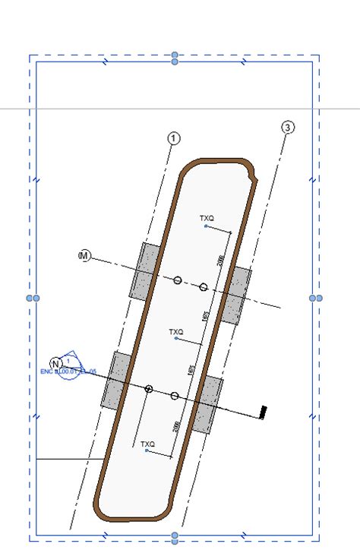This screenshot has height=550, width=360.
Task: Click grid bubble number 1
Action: pyautogui.click(x=174, y=138)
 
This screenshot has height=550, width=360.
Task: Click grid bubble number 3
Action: pyautogui.click(x=287, y=128)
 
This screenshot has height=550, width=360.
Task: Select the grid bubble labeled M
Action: pyautogui.click(x=84, y=257)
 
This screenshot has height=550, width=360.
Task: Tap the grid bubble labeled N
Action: pyautogui.click(x=55, y=362)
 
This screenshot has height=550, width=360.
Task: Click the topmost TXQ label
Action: pyautogui.click(x=207, y=219)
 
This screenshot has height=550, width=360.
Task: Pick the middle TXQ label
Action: pyautogui.click(x=176, y=332)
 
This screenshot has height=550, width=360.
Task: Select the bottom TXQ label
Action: pyautogui.click(x=147, y=444)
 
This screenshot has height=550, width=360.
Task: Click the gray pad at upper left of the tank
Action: pyautogui.click(x=144, y=271)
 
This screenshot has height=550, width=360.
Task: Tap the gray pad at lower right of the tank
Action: pyautogui.click(x=207, y=404)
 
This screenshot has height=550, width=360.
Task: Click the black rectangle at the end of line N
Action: pyautogui.click(x=263, y=411)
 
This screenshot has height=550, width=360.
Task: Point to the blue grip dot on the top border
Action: pyautogui.click(x=175, y=58)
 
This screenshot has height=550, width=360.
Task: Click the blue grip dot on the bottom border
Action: pyautogui.click(x=175, y=538)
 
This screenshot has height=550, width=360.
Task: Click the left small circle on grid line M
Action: pyautogui.click(x=178, y=280)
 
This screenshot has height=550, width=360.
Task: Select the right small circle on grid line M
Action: pyautogui.click(x=204, y=287)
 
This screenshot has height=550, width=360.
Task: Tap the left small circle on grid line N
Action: pyautogui.click(x=149, y=389)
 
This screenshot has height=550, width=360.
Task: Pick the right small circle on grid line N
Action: pyautogui.click(x=175, y=396)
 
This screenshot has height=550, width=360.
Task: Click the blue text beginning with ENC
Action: pyautogui.click(x=68, y=371)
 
